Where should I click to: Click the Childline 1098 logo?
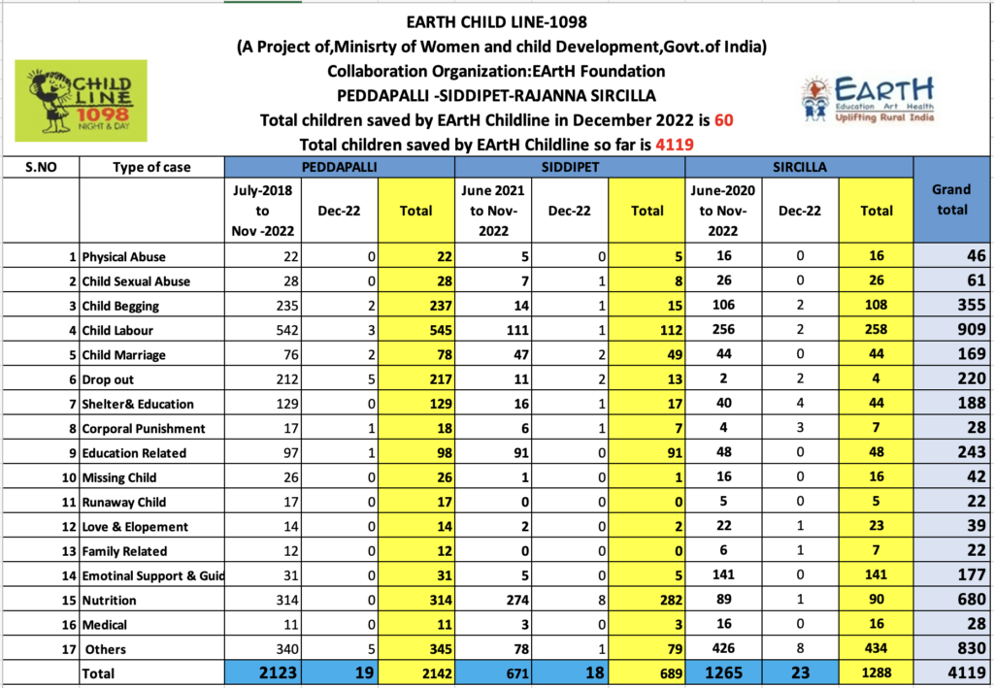[x=82, y=101]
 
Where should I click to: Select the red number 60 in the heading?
[x=723, y=119]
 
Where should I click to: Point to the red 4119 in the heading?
[x=675, y=145]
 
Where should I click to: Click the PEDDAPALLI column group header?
[x=339, y=167]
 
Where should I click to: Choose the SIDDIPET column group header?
[x=569, y=167]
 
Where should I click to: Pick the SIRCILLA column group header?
[x=800, y=167]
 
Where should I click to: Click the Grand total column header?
[x=952, y=200]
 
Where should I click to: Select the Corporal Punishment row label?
[x=144, y=428]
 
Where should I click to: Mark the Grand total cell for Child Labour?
[x=952, y=329]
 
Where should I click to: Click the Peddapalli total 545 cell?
[x=415, y=330]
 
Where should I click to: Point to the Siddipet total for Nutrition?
[x=646, y=600]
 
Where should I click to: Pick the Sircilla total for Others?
[x=877, y=649]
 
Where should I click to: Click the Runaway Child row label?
[x=124, y=503]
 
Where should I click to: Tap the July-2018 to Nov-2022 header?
[x=262, y=211]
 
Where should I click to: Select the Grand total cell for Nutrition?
[x=952, y=600]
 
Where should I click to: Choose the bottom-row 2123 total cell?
[x=262, y=672]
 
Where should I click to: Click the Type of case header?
[x=151, y=167]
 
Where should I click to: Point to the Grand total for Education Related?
[x=952, y=452]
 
